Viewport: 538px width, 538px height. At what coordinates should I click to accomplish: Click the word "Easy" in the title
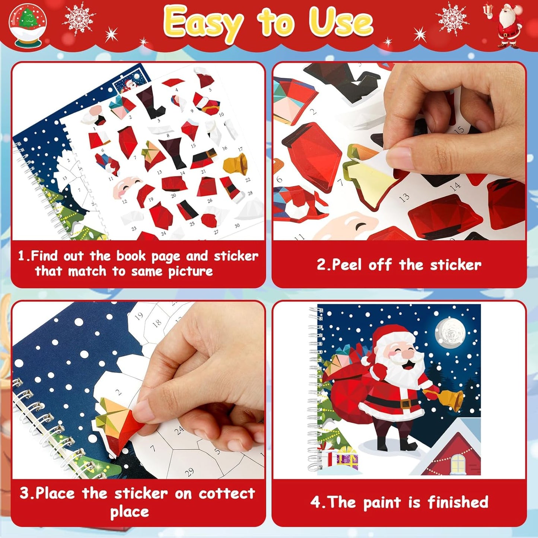click(203, 23)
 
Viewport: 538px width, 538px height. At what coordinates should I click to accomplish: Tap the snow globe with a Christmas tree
click(28, 25)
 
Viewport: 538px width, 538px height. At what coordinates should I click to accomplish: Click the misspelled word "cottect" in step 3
click(227, 494)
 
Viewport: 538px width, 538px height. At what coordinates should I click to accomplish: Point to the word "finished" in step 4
click(458, 502)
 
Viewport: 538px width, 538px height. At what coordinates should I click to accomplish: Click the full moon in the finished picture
click(450, 332)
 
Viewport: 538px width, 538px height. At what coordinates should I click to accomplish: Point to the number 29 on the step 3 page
click(190, 472)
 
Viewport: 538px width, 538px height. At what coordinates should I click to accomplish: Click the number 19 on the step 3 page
click(139, 316)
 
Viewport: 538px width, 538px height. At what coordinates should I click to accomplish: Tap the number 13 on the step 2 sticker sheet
click(404, 197)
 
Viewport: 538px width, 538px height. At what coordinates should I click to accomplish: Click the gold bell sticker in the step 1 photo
click(235, 164)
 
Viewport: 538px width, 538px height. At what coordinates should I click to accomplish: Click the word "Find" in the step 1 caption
click(44, 256)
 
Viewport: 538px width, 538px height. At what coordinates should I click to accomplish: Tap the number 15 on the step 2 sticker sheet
click(459, 130)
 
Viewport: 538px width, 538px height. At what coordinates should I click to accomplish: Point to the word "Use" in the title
click(341, 23)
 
